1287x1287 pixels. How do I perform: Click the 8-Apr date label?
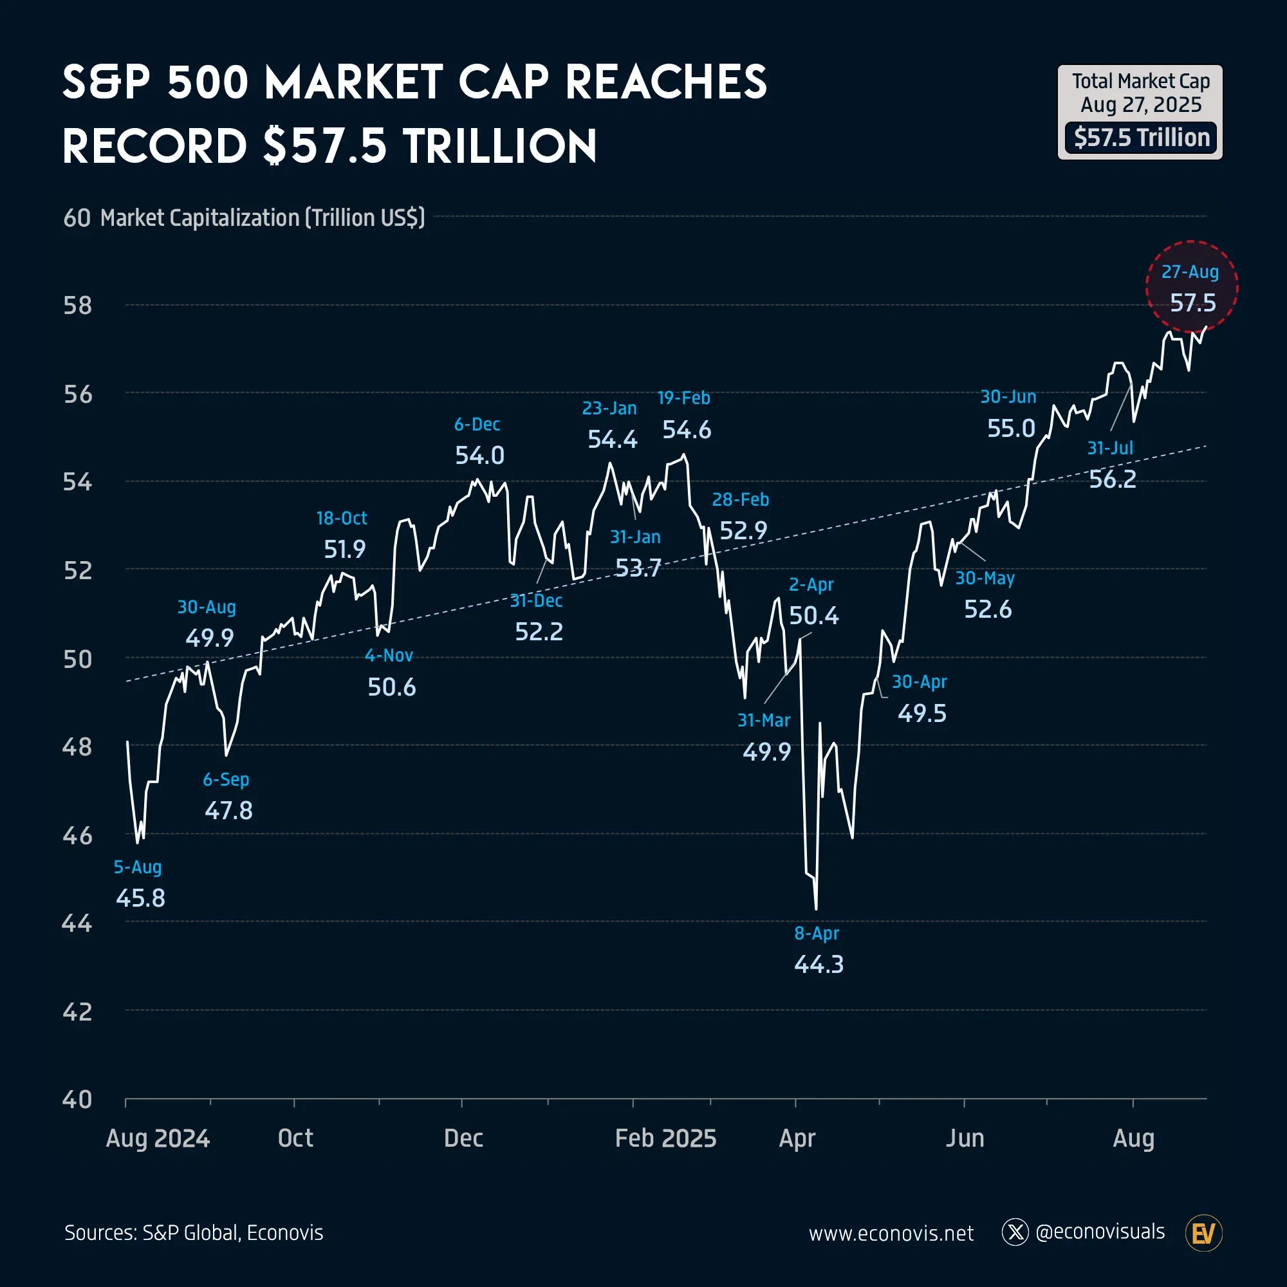[817, 933]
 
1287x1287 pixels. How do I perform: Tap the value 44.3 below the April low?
[819, 964]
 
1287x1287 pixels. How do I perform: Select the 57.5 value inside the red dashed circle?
[1193, 303]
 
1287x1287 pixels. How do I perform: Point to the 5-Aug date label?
[137, 867]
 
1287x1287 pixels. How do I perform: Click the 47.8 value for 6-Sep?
[228, 810]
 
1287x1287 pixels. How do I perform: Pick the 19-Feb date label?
[683, 398]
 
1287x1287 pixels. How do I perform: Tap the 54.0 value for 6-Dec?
[479, 456]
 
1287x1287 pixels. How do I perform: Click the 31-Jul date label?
[1110, 448]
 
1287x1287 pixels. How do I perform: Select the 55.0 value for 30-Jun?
[1011, 429]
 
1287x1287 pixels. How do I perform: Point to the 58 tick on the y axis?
[77, 306]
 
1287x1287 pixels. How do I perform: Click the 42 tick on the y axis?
[77, 1012]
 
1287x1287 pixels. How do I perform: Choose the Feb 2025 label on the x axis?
[665, 1138]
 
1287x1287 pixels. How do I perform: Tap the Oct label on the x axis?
[295, 1138]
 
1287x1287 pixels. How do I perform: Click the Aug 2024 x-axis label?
[158, 1138]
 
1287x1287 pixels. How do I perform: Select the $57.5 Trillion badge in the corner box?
[1141, 138]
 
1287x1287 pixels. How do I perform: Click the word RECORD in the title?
[154, 147]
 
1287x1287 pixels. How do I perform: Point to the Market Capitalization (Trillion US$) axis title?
[263, 218]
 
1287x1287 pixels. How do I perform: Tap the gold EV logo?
[1204, 1233]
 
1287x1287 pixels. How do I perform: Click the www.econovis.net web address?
[891, 1234]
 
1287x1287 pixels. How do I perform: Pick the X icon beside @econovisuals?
[1015, 1232]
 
